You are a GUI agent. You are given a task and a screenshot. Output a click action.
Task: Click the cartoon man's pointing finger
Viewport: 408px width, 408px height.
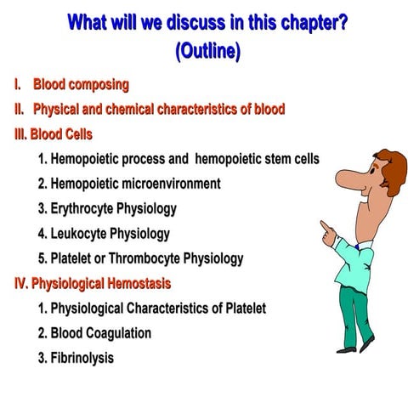tap(324, 224)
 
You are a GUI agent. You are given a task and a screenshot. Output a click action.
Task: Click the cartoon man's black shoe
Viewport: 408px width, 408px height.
tap(367, 343)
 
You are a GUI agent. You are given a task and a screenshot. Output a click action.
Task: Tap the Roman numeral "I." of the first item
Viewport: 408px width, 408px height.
tap(17, 85)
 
